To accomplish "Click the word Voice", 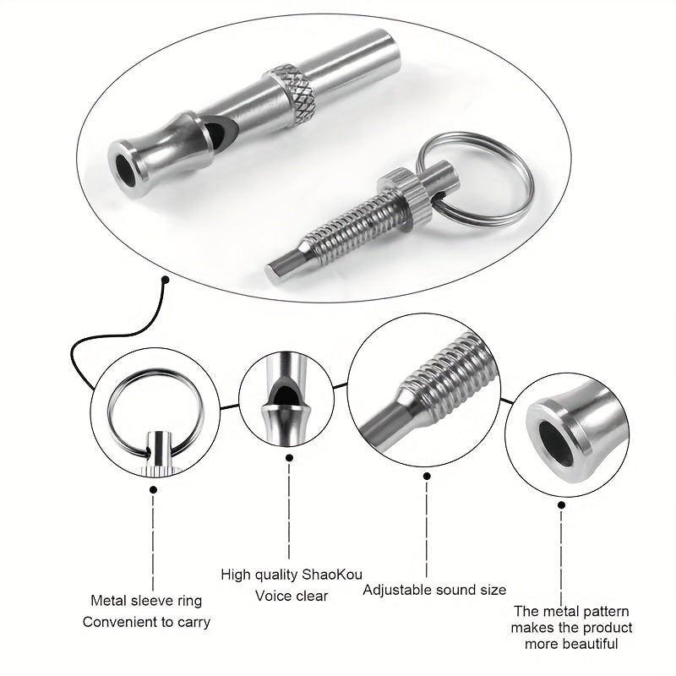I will [x=273, y=596].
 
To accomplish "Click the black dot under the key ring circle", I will [x=154, y=488].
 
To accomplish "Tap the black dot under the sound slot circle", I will [x=289, y=457].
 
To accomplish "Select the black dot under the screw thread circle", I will [x=426, y=474].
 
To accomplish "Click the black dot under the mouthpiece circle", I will [x=561, y=504].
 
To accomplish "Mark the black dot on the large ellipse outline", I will [x=166, y=279].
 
